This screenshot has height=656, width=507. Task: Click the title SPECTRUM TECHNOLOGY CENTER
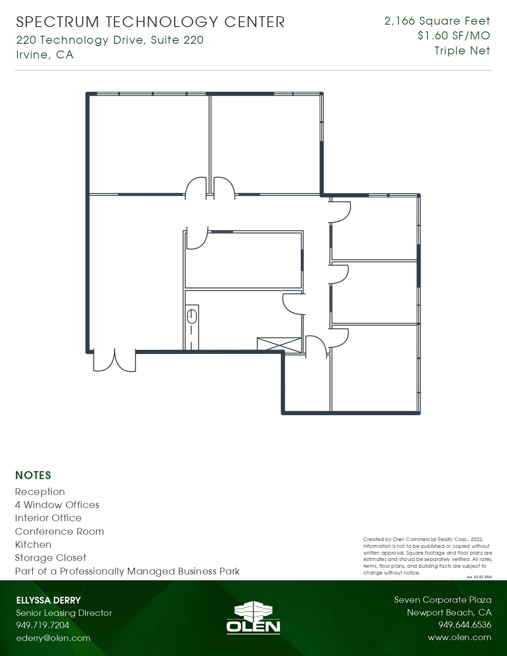150,22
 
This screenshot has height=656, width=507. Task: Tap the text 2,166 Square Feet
437,21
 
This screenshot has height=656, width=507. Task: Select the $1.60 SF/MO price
454,36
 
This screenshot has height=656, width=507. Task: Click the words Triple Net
462,51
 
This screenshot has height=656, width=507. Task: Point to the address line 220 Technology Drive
110,40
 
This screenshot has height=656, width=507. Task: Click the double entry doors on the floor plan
115,360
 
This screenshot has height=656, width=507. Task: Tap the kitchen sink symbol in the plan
192,316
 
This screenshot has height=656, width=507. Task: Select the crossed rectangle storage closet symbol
279,344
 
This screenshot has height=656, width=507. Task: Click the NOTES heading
33,476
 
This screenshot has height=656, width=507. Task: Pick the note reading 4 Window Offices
57,505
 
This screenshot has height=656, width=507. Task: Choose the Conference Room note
59,532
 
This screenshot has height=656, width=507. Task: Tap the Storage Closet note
51,558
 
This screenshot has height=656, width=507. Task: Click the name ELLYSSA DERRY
49,600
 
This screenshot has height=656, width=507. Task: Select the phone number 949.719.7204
43,625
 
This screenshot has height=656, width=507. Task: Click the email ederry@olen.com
53,638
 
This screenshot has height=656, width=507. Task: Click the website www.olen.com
459,638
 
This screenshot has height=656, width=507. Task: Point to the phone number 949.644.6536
464,625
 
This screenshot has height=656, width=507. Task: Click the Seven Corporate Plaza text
443,600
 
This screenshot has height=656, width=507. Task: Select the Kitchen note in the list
33,545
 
